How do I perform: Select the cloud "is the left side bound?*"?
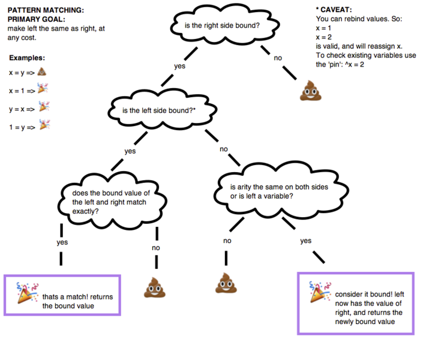[x=162, y=110]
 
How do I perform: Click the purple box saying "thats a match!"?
[x=62, y=295]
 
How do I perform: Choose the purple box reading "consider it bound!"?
[x=355, y=303]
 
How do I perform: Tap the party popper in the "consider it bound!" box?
[x=317, y=291]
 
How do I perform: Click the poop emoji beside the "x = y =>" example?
[x=42, y=72]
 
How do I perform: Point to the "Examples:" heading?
[x=28, y=58]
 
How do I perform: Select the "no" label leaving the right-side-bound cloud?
[x=278, y=58]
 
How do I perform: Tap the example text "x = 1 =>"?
[x=22, y=90]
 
